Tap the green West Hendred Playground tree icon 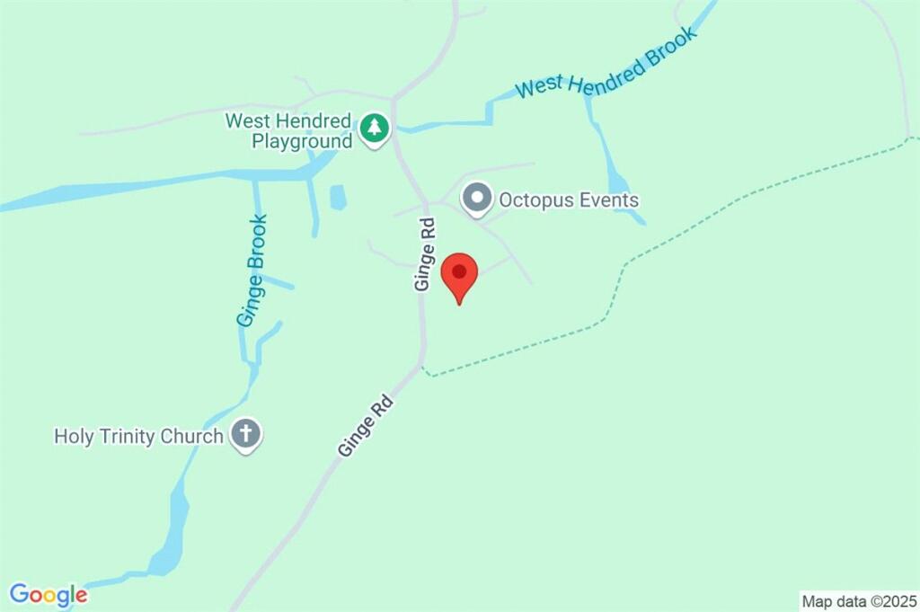coord(374,129)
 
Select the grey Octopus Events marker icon coord(476,199)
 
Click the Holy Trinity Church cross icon coord(244,435)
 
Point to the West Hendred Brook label coord(606,63)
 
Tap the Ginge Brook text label coord(252,270)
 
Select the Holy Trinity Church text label coord(138,437)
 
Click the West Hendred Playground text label coord(288,130)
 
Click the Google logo coord(49,594)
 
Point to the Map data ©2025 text coord(859,600)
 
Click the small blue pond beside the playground coord(338,197)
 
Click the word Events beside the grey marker coord(609,200)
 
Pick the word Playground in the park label coord(302,141)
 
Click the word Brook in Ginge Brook coord(257,244)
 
